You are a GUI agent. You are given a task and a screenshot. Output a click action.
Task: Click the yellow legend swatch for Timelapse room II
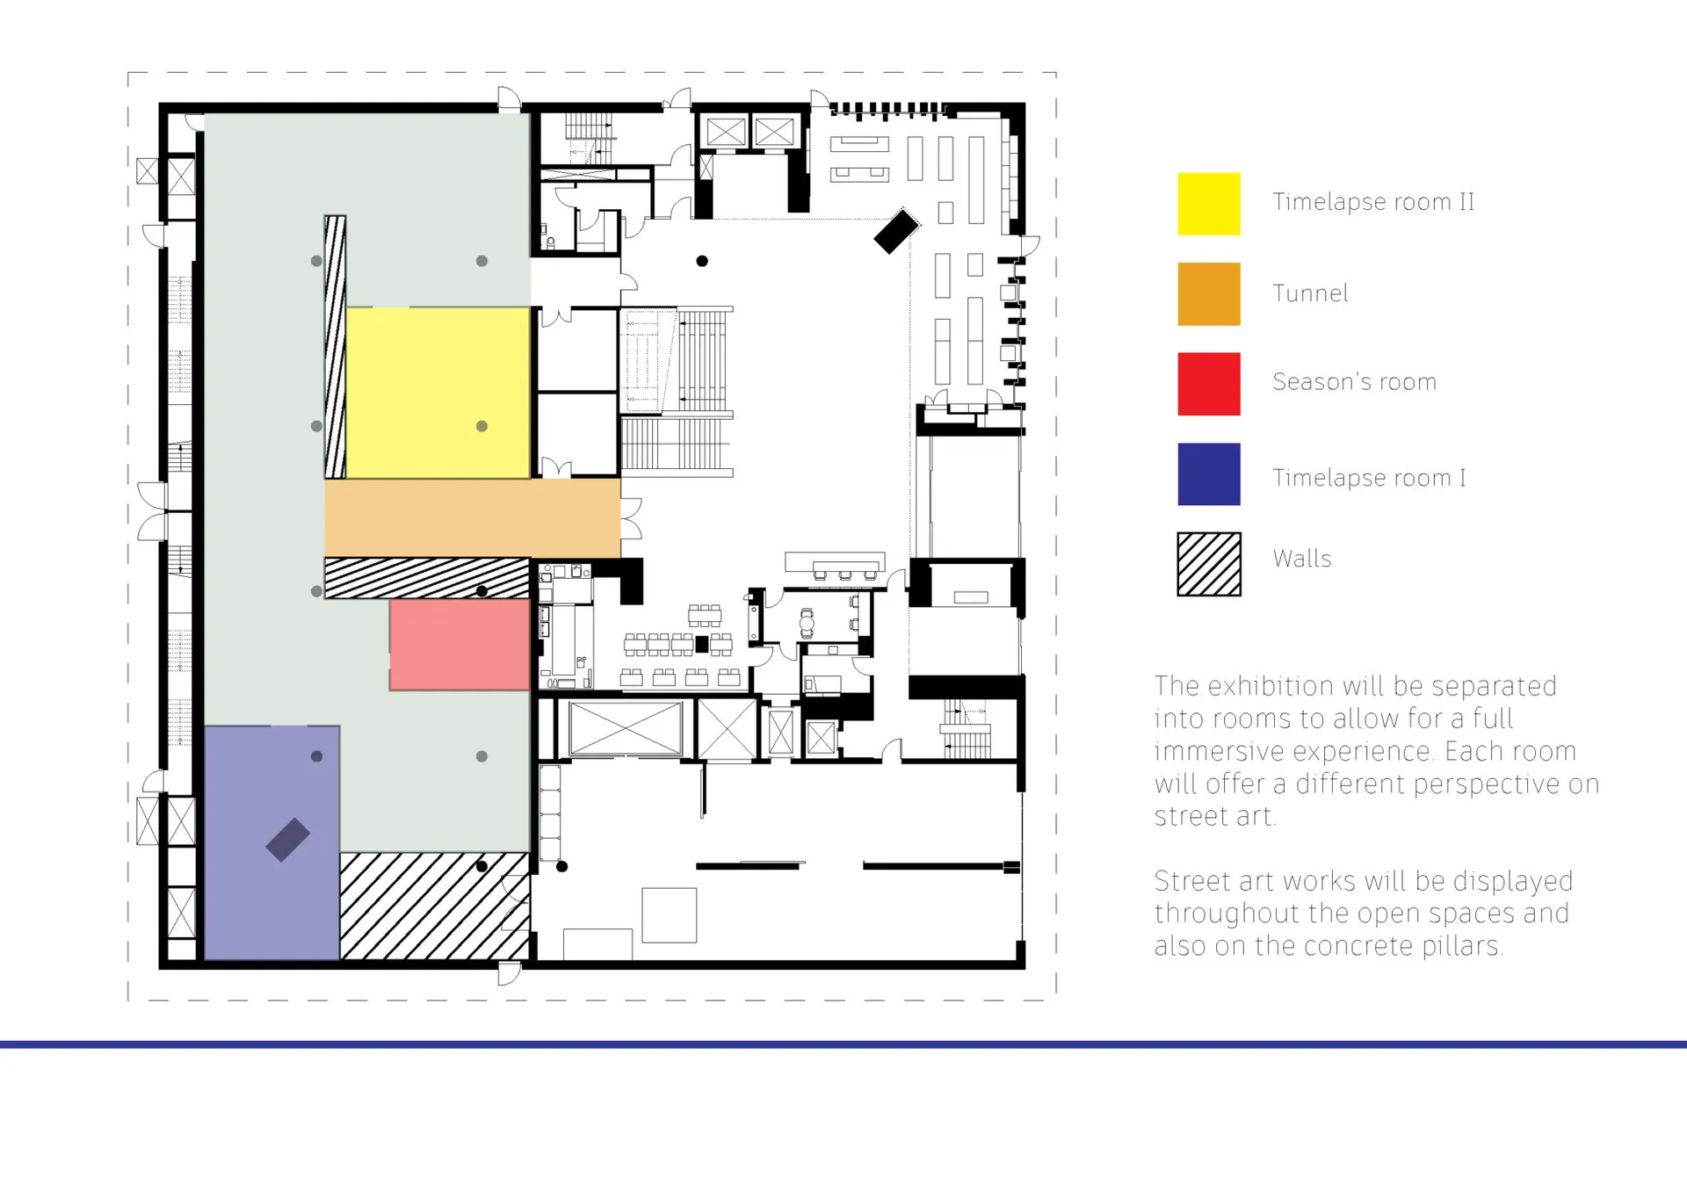1208,204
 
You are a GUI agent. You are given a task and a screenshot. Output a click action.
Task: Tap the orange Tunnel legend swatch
1208,294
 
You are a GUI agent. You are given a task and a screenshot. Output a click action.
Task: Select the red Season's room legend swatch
1208,384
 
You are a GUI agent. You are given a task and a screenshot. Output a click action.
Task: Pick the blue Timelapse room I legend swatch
1208,474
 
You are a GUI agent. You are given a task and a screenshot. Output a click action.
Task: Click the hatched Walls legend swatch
1209,565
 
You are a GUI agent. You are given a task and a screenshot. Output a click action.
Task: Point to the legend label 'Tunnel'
1310,293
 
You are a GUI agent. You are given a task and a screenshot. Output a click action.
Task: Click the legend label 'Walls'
1302,559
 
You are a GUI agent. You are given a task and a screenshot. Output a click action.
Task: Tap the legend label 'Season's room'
1354,382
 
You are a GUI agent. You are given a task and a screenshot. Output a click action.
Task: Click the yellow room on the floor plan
438,393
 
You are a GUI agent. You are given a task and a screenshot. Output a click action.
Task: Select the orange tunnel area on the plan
473,518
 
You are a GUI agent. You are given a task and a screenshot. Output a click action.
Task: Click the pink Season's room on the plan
460,644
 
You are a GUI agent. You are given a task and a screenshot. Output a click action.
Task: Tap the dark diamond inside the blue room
288,840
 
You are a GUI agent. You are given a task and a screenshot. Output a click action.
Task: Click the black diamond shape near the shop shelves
896,231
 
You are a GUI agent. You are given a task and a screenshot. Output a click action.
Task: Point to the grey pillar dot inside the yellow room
481,426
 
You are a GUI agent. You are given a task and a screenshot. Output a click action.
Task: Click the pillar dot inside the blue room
316,756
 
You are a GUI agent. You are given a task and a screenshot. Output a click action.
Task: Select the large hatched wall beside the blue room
435,906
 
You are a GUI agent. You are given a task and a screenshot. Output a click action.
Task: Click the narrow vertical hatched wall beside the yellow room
335,347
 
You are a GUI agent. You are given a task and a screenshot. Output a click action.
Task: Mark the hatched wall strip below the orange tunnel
427,578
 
